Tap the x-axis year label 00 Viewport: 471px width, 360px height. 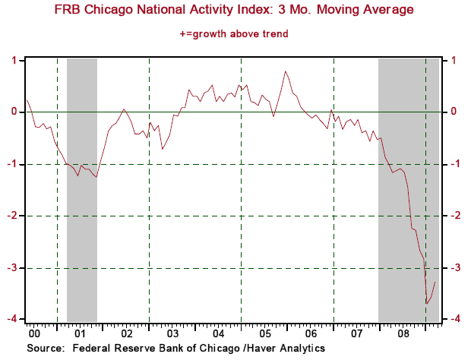coord(34,333)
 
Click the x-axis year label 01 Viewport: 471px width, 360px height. coord(81,333)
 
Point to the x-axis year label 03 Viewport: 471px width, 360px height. coord(172,333)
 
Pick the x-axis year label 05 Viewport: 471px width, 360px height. coord(264,333)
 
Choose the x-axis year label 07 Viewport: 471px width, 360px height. coord(356,333)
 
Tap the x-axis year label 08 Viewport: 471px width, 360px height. coord(402,333)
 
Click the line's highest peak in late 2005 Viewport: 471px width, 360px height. coord(285,71)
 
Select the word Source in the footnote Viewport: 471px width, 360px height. coord(45,348)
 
